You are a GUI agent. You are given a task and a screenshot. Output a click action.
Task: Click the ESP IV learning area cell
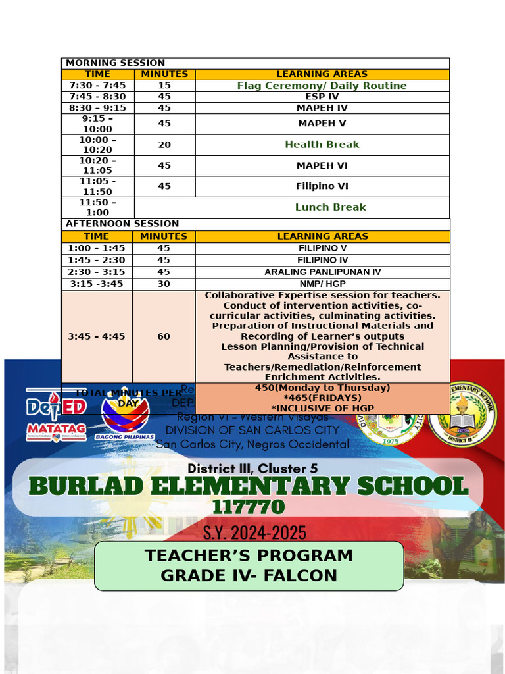[x=322, y=97]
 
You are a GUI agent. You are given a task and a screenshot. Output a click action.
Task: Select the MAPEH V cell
[x=322, y=124]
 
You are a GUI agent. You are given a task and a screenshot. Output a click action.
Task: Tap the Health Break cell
[x=322, y=145]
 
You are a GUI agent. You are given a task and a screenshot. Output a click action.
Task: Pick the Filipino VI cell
[x=322, y=186]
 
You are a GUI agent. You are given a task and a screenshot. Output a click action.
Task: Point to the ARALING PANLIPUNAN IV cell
[x=322, y=272]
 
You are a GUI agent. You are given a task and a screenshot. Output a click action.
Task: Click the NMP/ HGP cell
[x=322, y=284]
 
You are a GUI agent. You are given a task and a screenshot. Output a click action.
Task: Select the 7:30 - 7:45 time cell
[x=97, y=86]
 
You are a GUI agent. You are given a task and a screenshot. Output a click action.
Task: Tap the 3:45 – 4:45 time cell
[x=97, y=336]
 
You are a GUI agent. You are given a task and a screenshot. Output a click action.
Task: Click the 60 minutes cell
[x=164, y=336]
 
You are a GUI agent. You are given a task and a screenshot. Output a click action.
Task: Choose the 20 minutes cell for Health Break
[x=164, y=145]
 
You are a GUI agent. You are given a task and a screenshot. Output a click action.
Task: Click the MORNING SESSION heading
[x=115, y=63]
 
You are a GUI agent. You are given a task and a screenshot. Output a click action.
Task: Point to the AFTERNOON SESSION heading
[x=122, y=224]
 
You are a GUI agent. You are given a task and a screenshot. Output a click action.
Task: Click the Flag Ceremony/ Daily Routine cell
[x=322, y=86]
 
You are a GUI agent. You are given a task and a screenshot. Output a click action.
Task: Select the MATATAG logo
[x=56, y=431]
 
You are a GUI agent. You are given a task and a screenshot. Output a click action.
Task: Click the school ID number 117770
[x=249, y=507]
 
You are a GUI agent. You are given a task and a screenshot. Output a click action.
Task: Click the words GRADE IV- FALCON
[x=249, y=576]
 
